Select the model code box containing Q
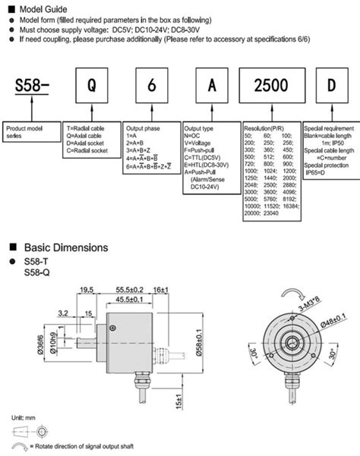click(x=91, y=86)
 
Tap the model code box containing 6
click(x=149, y=86)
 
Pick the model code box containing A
click(x=207, y=86)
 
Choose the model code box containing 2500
click(x=269, y=86)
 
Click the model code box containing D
click(x=330, y=86)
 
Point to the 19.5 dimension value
click(x=85, y=290)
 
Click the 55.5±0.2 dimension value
click(x=131, y=290)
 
